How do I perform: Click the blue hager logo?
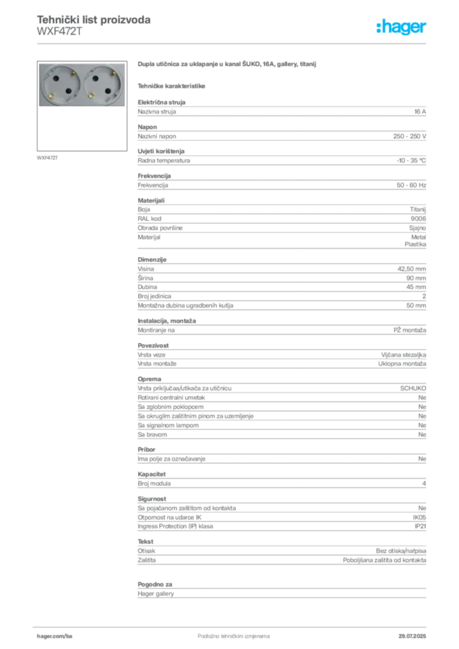(x=402, y=27)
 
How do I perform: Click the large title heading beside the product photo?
(x=226, y=65)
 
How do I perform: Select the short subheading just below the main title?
(x=172, y=85)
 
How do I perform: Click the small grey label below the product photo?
(x=48, y=157)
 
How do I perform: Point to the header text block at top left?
(x=93, y=25)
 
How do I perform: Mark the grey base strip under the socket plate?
(x=82, y=110)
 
